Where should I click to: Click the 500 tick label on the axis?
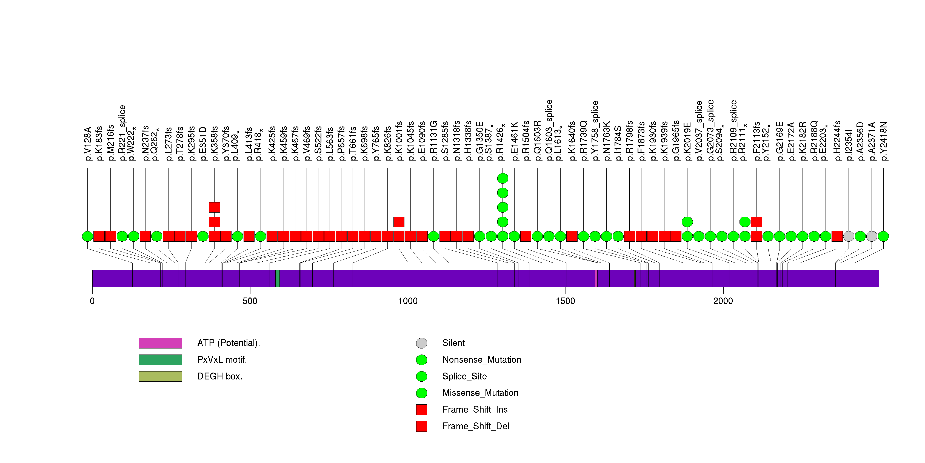pos(250,301)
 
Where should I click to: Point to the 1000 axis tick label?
pos(407,301)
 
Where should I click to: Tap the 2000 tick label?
pos(723,301)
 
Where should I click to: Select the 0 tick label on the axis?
pos(92,301)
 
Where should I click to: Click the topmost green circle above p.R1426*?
pos(503,178)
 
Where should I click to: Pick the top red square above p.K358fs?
pos(214,207)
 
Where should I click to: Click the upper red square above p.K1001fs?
pos(399,222)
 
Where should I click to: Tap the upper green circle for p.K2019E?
pos(687,222)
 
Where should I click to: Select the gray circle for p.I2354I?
pos(849,236)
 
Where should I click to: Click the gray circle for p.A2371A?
pos(872,236)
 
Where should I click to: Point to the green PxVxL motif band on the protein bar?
pos(278,279)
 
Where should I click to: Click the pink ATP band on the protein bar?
pos(596,279)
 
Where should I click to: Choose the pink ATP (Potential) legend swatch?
pos(160,343)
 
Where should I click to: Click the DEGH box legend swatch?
pos(160,376)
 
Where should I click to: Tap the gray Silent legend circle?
pos(422,343)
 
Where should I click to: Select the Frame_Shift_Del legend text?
pos(475,426)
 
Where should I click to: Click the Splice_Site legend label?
pos(464,376)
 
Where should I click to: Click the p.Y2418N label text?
pos(883,141)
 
